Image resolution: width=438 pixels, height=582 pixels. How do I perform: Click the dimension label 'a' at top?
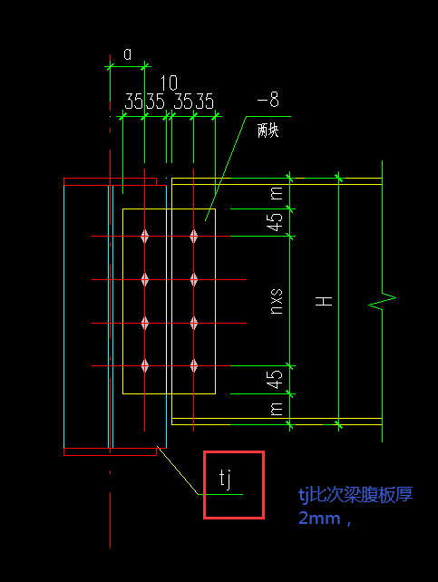[x=127, y=54]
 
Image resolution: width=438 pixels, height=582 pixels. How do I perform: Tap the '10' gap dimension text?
[x=169, y=82]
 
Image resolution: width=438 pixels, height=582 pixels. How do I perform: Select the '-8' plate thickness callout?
[x=268, y=100]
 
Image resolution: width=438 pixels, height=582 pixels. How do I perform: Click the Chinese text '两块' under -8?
[x=268, y=131]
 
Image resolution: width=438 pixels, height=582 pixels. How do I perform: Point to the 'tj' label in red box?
[x=226, y=479]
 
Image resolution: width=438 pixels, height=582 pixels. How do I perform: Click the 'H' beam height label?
[x=324, y=301]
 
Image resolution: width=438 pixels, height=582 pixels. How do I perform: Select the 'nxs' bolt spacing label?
[x=276, y=302]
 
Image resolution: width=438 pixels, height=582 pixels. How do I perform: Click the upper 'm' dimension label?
[x=277, y=193]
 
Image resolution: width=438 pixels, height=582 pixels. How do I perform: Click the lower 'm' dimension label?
[x=277, y=409]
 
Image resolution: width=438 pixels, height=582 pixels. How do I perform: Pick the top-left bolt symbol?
[x=145, y=236]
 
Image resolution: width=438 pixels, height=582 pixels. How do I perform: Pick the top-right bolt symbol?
[x=194, y=236]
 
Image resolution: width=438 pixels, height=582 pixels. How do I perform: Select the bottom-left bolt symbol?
[x=145, y=366]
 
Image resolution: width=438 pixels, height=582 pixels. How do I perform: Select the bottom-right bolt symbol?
[x=194, y=366]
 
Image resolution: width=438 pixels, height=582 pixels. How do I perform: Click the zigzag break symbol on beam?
[x=383, y=301]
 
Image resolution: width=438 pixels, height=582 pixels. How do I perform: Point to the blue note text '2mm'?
[x=319, y=519]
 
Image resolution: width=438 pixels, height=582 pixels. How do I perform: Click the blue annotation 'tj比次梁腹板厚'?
[x=355, y=494]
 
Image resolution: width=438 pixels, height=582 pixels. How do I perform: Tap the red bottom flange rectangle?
[x=111, y=451]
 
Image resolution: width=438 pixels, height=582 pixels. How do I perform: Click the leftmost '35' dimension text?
[x=133, y=102]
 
